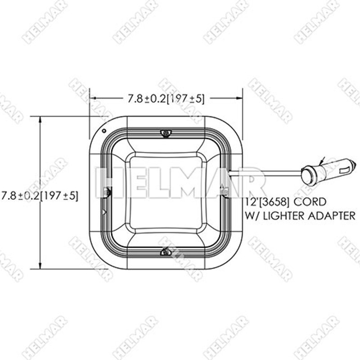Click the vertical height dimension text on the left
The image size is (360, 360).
tap(40, 196)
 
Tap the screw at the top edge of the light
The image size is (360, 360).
tap(166, 133)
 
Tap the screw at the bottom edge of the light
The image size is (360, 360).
tap(166, 252)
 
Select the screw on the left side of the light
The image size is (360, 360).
tap(107, 192)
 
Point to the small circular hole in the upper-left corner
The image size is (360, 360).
tap(104, 131)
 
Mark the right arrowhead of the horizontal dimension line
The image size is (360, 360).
tap(240, 97)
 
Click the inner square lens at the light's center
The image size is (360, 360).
tap(166, 192)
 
